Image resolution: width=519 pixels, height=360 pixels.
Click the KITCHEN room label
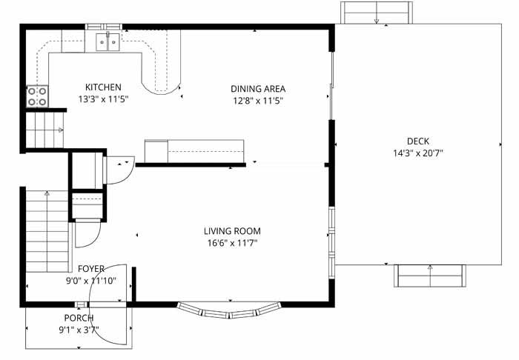pyautogui.click(x=103, y=87)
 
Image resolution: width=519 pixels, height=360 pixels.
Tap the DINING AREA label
pyautogui.click(x=258, y=89)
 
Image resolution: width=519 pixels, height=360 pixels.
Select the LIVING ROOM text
pyautogui.click(x=232, y=231)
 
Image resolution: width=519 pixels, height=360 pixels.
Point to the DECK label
pyautogui.click(x=418, y=141)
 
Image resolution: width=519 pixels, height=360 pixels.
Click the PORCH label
pyautogui.click(x=79, y=318)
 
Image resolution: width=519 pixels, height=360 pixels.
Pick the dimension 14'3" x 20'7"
pyautogui.click(x=418, y=153)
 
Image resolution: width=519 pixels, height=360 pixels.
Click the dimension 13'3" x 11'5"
pyautogui.click(x=103, y=99)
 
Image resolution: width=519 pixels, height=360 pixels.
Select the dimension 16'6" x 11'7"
pyautogui.click(x=232, y=243)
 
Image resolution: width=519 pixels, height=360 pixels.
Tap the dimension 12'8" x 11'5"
pyautogui.click(x=258, y=101)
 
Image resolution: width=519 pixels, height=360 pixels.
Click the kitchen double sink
pyautogui.click(x=108, y=42)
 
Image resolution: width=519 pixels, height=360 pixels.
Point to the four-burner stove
pyautogui.click(x=37, y=96)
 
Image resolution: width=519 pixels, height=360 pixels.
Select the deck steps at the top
pyautogui.click(x=377, y=13)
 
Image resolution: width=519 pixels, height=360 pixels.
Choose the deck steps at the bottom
pyautogui.click(x=429, y=276)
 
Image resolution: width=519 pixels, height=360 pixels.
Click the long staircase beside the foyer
pyautogui.click(x=47, y=231)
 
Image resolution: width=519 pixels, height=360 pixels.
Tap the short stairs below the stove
pyautogui.click(x=44, y=130)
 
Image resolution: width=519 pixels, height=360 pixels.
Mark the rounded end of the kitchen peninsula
pyautogui.click(x=161, y=88)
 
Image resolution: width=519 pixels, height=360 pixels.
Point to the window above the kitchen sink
pyautogui.click(x=104, y=27)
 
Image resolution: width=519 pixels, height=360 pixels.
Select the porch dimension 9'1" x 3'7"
pyautogui.click(x=79, y=330)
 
